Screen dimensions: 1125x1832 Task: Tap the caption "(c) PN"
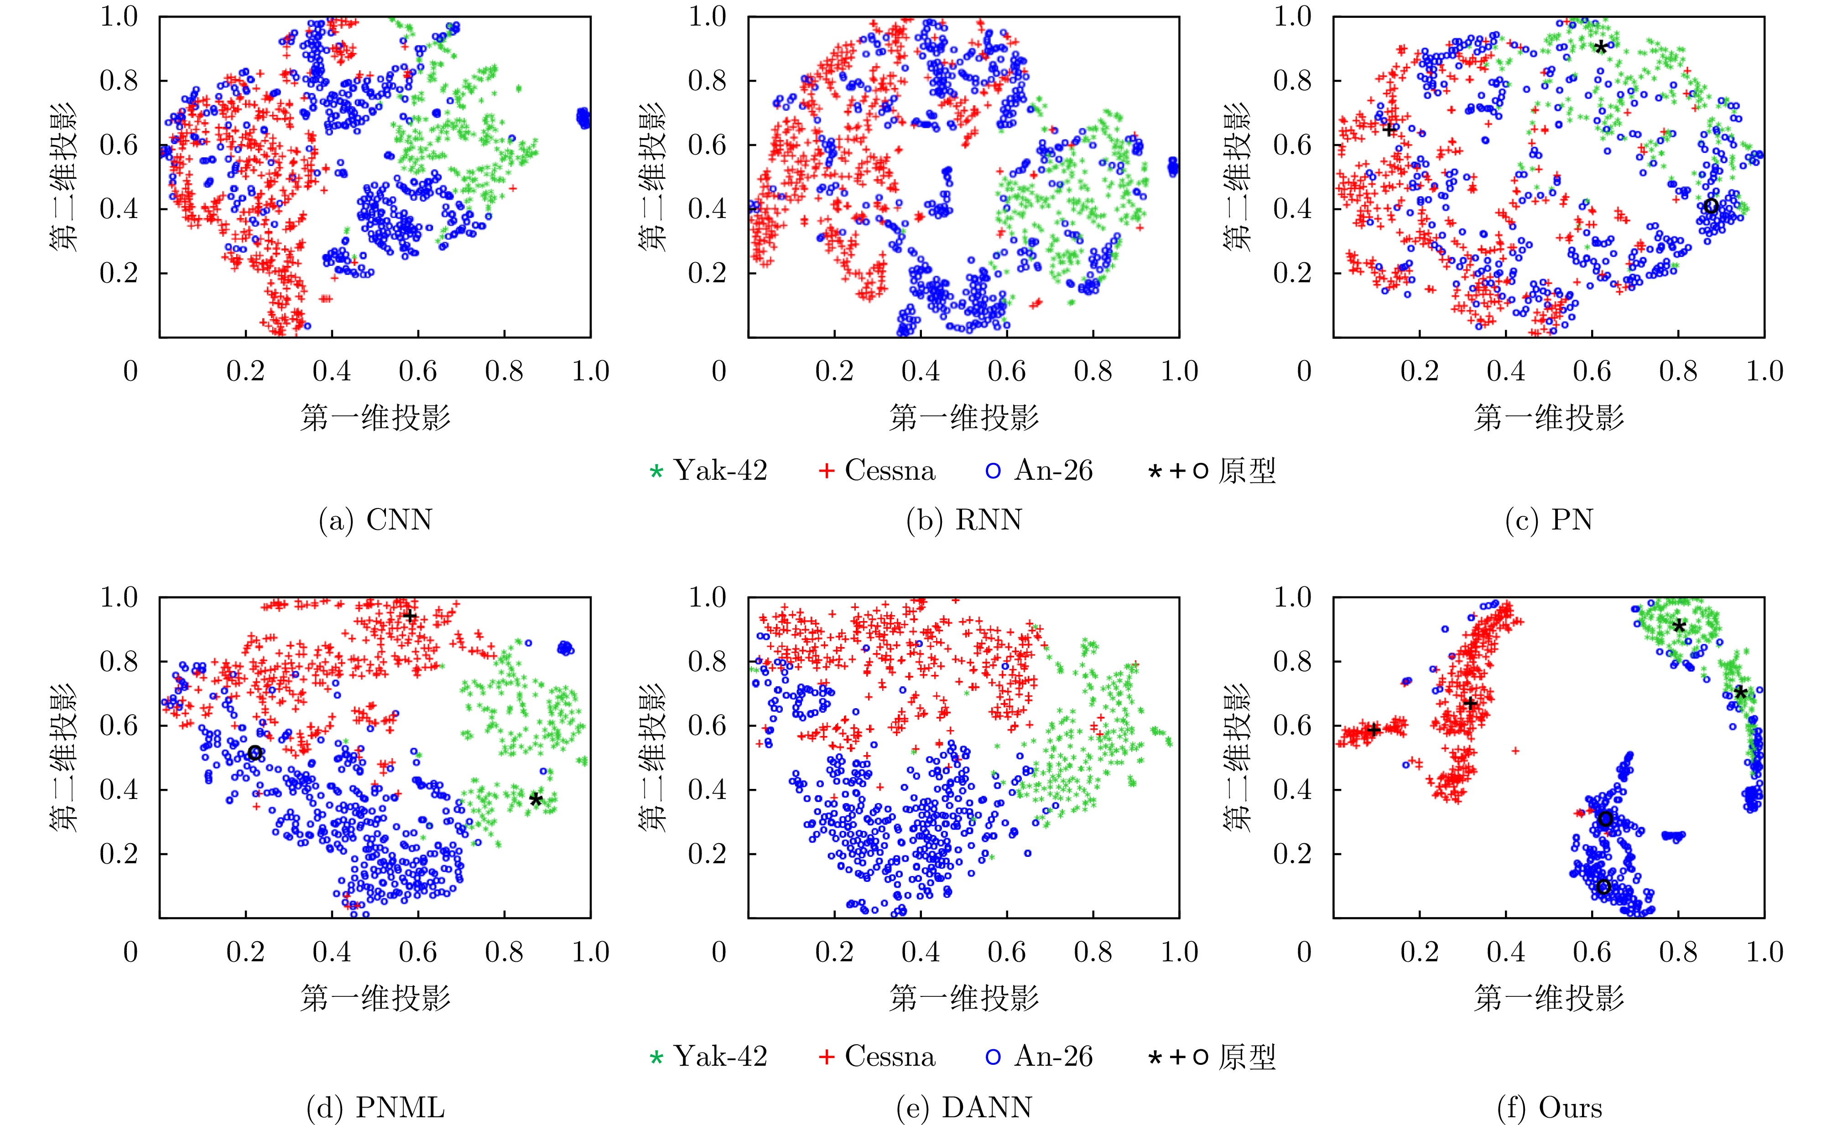(x=1549, y=519)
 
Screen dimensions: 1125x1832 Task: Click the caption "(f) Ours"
(x=1549, y=1108)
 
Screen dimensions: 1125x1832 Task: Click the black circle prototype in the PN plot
(x=1711, y=206)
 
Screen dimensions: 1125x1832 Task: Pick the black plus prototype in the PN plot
(x=1389, y=130)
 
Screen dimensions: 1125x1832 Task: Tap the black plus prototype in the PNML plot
(x=409, y=615)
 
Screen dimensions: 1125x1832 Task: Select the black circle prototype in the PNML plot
(x=255, y=753)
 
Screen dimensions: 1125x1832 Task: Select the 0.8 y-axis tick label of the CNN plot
(x=119, y=80)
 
